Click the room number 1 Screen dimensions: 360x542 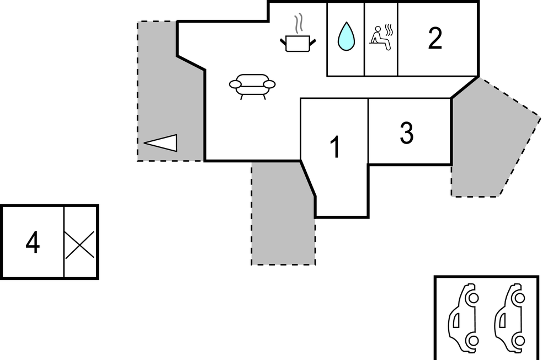point(334,147)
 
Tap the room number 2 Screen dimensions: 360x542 point(435,39)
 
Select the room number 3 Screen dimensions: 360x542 point(406,133)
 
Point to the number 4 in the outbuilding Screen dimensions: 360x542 point(33,243)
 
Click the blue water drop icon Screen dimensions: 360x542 point(346,36)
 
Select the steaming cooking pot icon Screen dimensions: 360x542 point(299,43)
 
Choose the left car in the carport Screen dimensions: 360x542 point(463,318)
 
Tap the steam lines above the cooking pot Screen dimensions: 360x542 point(299,24)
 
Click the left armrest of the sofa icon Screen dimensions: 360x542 point(236,84)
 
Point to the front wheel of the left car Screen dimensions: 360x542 point(472,299)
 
